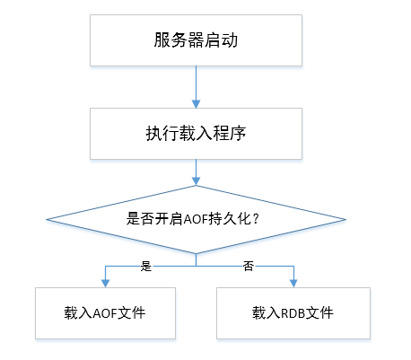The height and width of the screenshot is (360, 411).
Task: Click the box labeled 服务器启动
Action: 196,40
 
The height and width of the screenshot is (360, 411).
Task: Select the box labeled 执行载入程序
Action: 196,134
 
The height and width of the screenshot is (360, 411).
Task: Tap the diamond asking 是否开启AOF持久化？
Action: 196,219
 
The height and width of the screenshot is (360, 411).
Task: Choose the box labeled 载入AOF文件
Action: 105,313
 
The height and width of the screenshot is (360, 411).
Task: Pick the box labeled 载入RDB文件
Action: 293,313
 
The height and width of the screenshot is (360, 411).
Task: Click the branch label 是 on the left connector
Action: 146,266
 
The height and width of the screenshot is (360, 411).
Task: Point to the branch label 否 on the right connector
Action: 249,266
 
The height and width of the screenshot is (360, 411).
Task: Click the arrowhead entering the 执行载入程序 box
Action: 196,104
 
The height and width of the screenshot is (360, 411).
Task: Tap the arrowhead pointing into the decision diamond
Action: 196,181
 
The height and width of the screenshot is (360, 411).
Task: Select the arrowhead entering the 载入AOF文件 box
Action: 105,284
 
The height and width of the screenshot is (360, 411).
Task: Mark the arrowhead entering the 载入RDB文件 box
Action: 293,284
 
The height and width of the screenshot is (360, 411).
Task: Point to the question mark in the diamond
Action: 256,219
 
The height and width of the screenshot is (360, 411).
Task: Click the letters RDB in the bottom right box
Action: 293,313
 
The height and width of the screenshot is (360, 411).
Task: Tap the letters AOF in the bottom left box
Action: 105,313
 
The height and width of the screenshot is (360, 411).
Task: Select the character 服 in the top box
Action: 162,40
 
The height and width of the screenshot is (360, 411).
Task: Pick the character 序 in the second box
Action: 238,134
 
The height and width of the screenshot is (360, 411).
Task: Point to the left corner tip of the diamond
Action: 47,219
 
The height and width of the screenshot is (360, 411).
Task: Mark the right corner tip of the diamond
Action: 345,219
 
